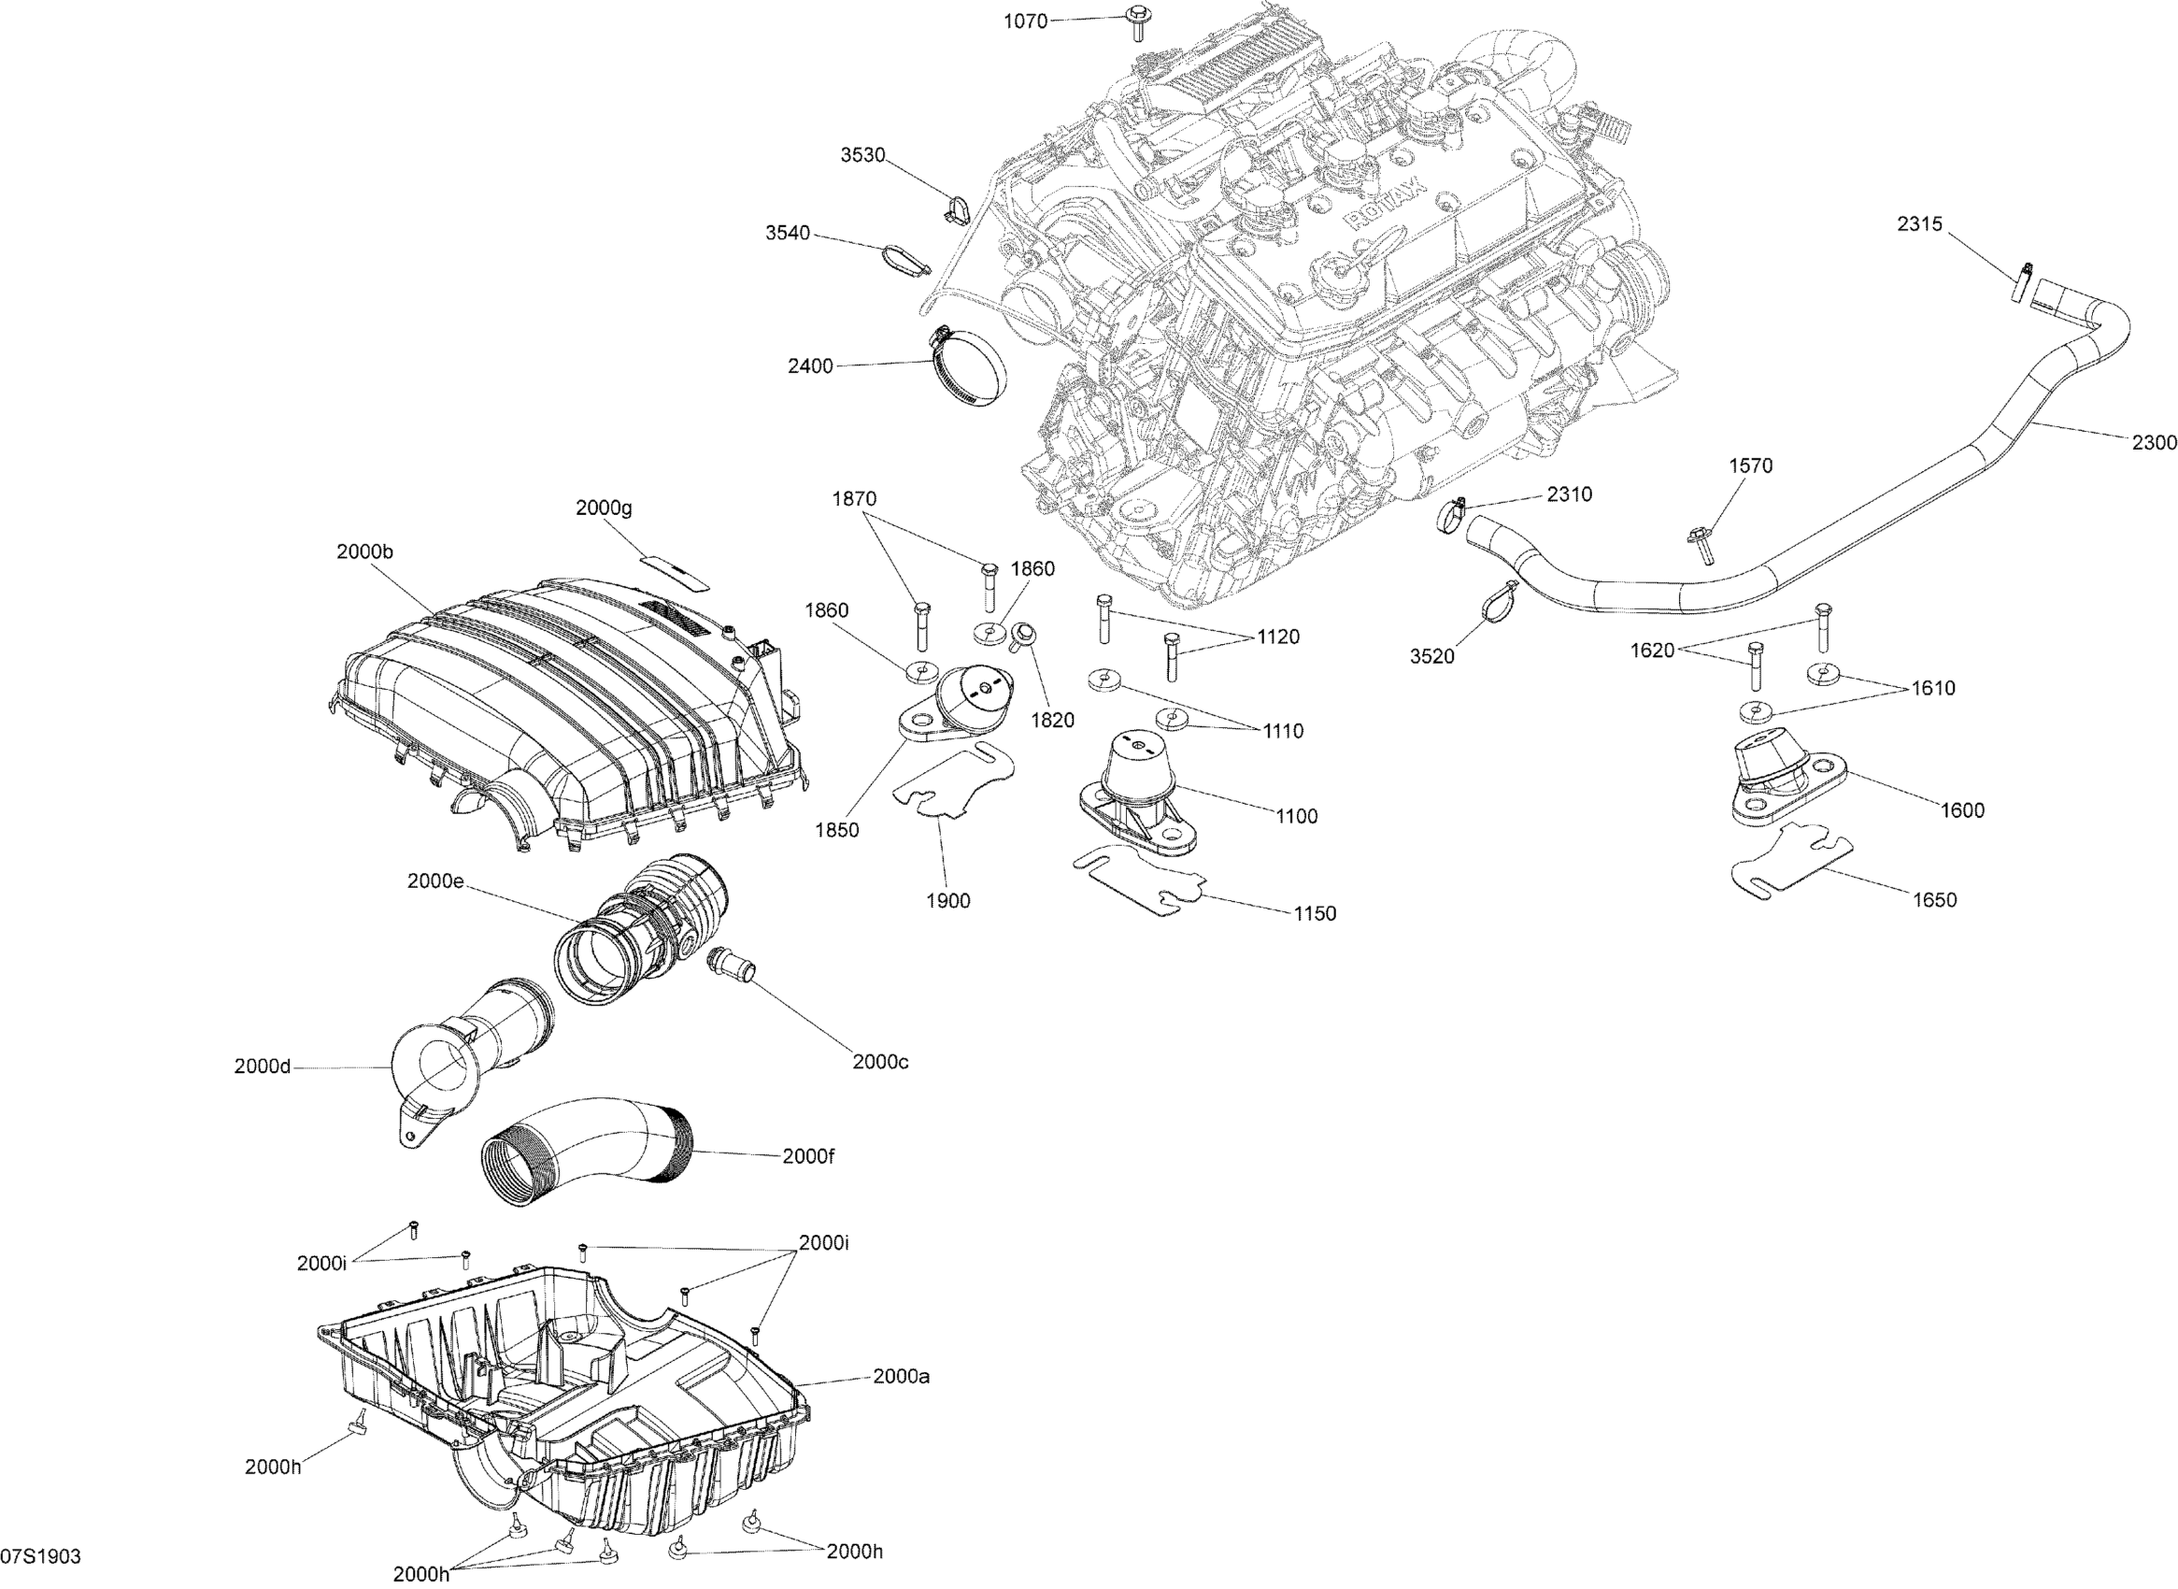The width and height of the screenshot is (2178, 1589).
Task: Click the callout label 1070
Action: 1025,21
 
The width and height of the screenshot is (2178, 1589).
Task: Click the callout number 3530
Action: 862,156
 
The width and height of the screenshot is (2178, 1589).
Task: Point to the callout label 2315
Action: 1920,224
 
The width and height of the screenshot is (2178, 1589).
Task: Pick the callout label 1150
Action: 1314,913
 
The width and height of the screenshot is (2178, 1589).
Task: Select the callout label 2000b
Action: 364,552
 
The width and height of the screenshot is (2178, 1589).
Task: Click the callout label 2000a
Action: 901,1377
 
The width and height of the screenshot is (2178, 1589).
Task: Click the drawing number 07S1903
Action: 40,1556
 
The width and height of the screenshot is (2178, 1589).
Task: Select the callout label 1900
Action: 948,900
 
